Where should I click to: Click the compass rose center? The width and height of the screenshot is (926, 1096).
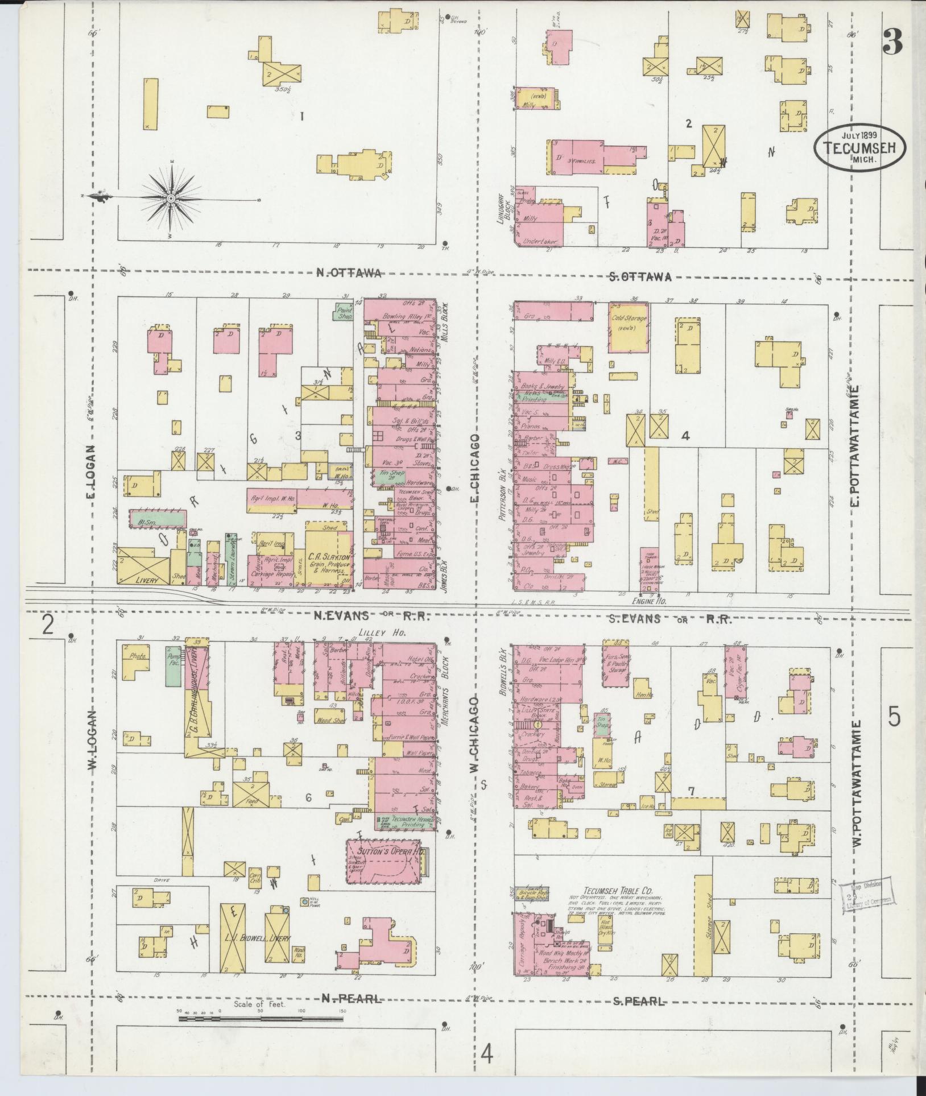[x=171, y=197]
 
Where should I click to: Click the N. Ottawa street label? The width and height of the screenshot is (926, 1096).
[x=348, y=274]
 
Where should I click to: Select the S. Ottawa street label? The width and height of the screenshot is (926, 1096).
[x=640, y=277]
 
